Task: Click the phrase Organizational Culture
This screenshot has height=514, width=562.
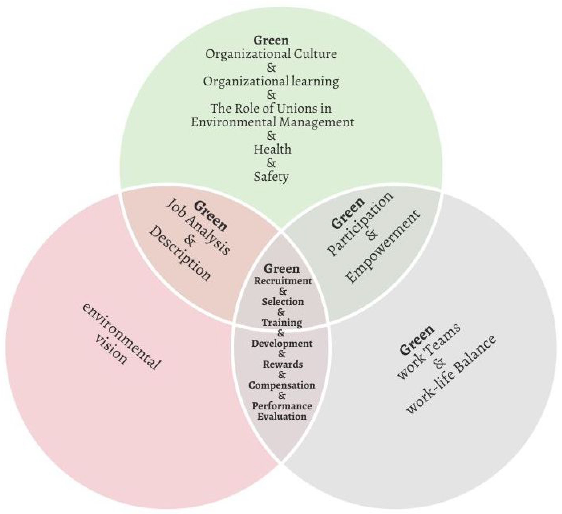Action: click(271, 54)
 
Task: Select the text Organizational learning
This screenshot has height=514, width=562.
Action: click(271, 81)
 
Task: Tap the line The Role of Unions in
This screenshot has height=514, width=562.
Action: click(271, 108)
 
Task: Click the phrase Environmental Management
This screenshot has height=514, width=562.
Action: click(272, 122)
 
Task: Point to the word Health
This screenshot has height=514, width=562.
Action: click(272, 149)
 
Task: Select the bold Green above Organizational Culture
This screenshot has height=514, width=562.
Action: click(271, 40)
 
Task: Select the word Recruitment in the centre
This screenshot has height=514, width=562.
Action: click(282, 281)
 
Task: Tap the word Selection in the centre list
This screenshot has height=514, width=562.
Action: click(282, 302)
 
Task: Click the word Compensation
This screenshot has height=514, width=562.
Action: click(282, 385)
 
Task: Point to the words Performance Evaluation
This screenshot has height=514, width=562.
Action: click(282, 411)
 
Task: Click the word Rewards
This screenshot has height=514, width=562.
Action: click(282, 364)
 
